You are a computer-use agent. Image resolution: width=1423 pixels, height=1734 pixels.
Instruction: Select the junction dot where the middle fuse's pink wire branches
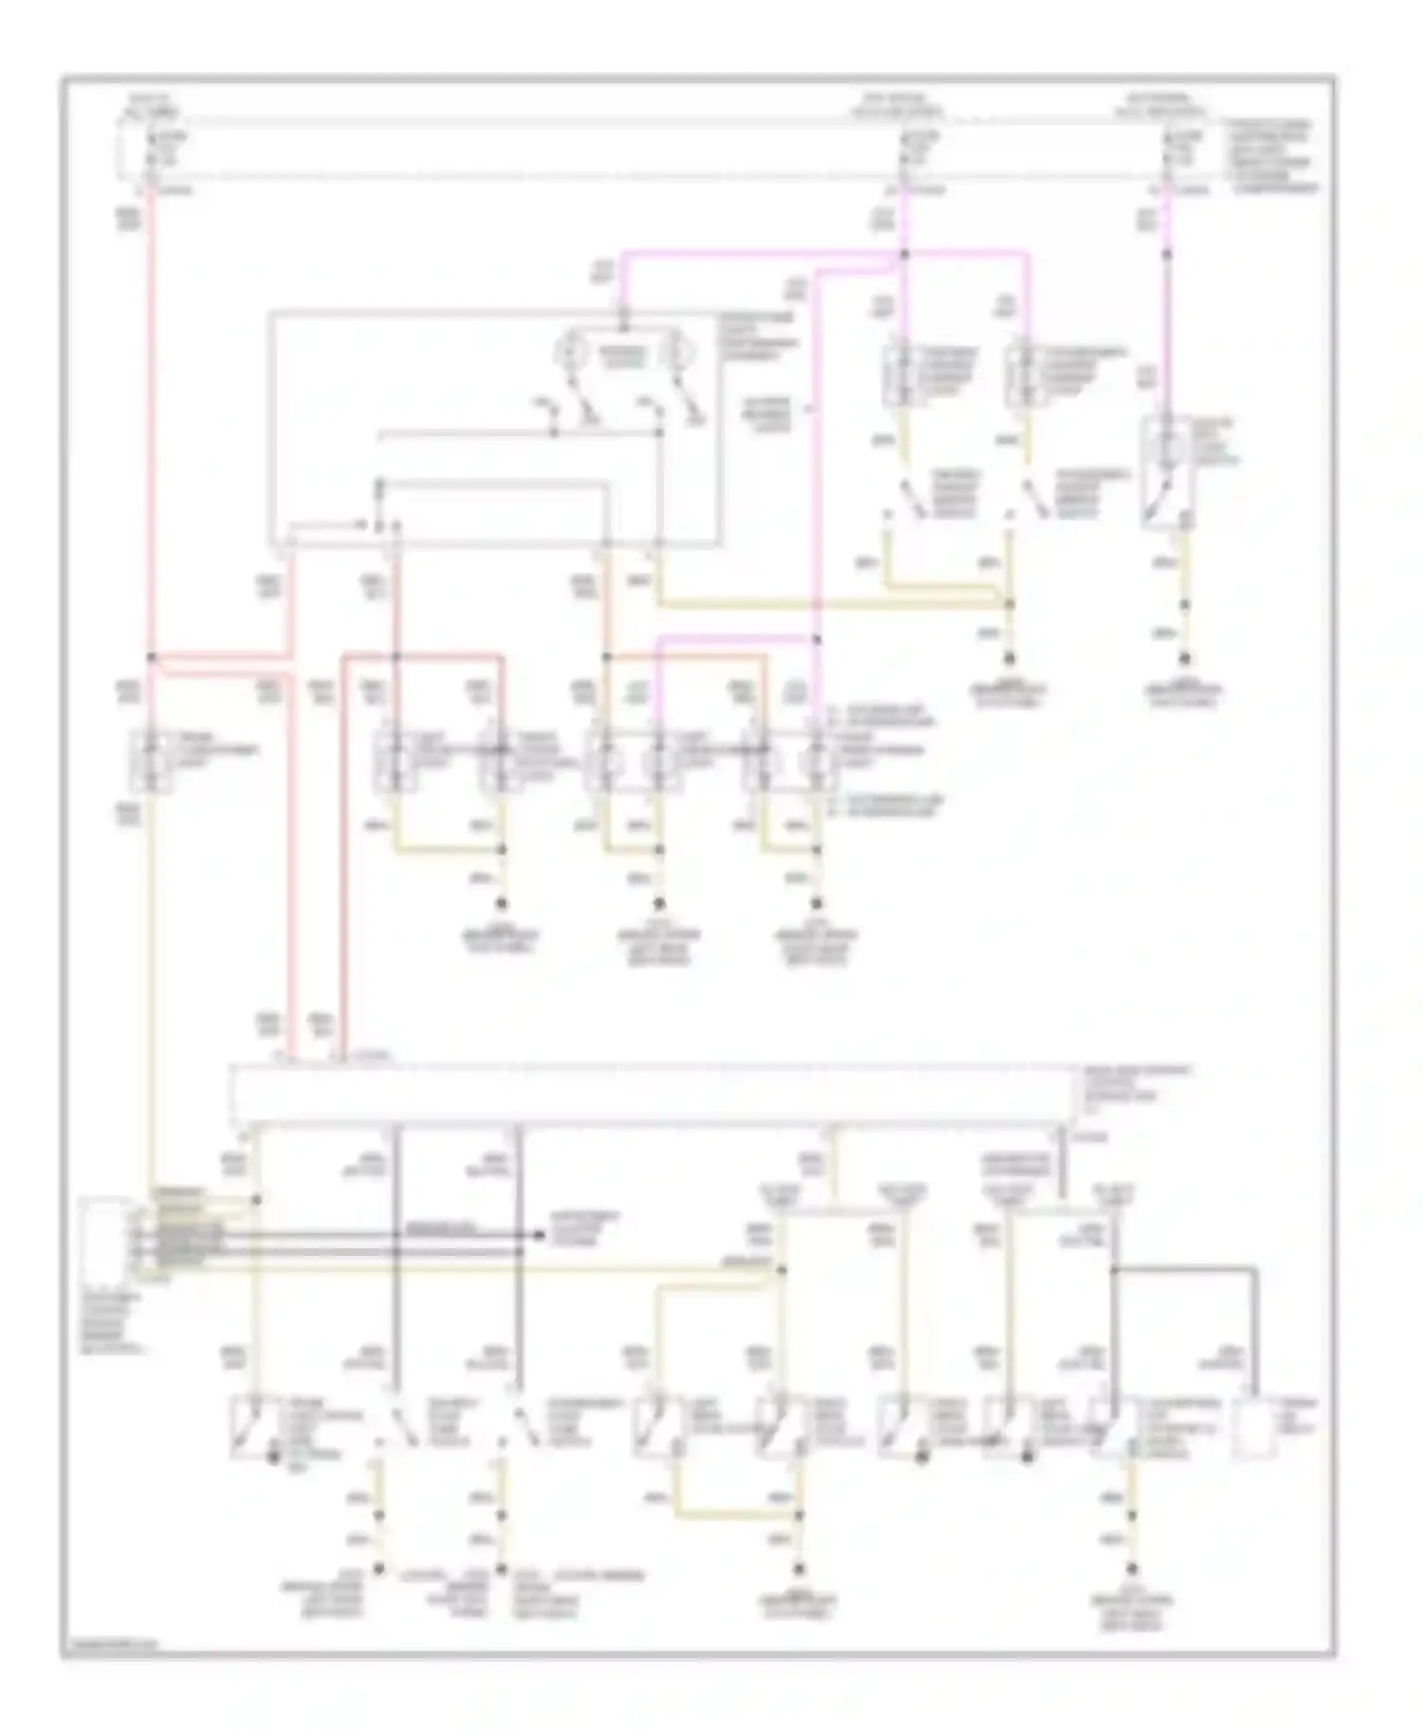point(904,254)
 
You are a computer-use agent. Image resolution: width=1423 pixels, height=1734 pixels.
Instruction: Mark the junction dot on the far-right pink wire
point(1167,254)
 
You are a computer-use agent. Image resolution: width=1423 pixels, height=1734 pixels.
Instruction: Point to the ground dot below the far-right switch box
point(1184,658)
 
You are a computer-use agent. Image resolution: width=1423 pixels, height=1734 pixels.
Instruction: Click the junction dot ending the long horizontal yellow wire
point(1009,603)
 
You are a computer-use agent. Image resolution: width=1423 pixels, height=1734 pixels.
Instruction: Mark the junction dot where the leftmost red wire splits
point(151,656)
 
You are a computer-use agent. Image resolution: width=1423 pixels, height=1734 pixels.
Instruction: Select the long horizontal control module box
point(655,1093)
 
